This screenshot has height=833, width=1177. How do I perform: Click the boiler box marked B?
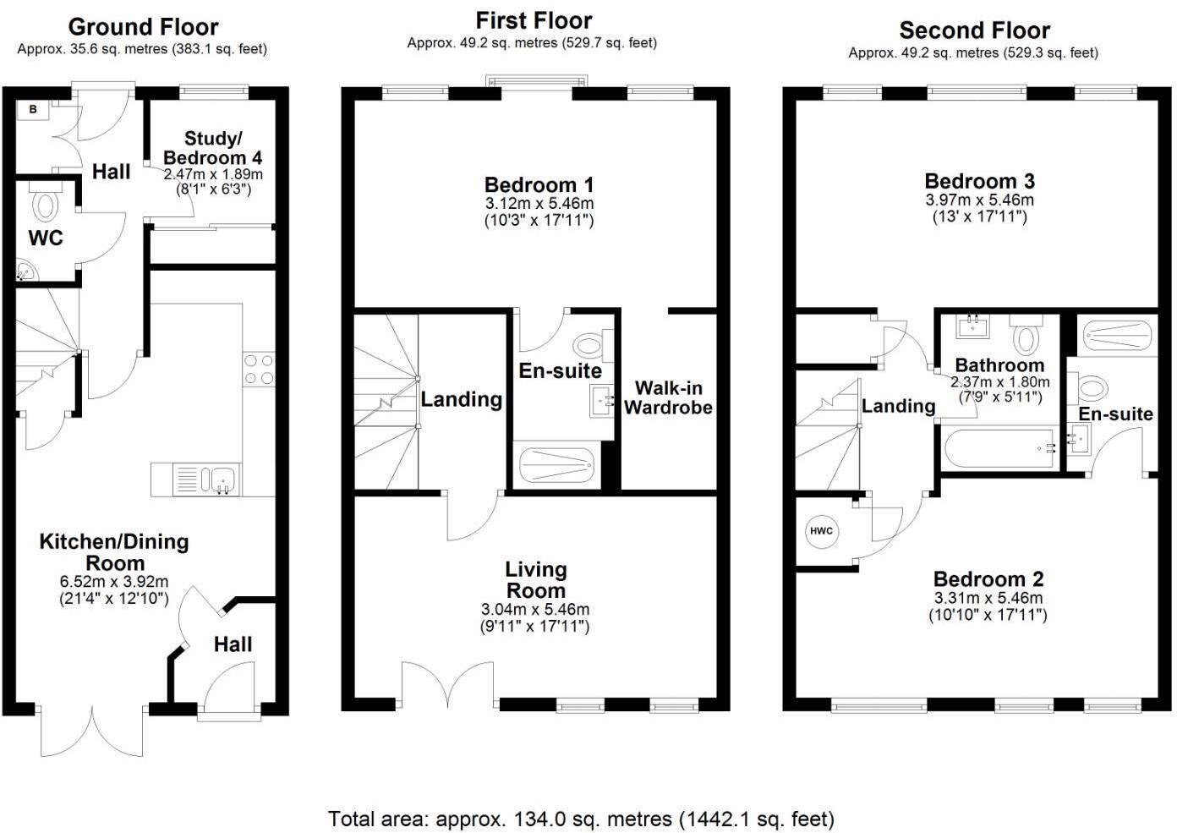33,109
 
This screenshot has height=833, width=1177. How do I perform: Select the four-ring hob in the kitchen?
259,369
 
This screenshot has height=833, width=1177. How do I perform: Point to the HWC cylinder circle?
821,531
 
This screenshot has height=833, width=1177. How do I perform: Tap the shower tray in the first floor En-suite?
556,464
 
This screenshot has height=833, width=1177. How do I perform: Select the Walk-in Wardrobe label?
668,397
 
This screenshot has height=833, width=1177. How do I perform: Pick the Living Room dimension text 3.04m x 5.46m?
535,610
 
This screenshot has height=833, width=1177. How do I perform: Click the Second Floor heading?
974,30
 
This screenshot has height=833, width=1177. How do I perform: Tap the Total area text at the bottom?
581,819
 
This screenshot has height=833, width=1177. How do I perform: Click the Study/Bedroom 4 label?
212,148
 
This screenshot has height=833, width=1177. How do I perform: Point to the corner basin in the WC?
26,271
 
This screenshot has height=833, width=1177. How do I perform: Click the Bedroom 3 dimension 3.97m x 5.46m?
979,200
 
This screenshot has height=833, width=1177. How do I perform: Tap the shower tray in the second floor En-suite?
1116,335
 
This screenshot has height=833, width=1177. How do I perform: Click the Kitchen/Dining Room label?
114,552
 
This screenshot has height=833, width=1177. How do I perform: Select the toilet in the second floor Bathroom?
1026,336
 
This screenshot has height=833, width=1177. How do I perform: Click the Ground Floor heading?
143,27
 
